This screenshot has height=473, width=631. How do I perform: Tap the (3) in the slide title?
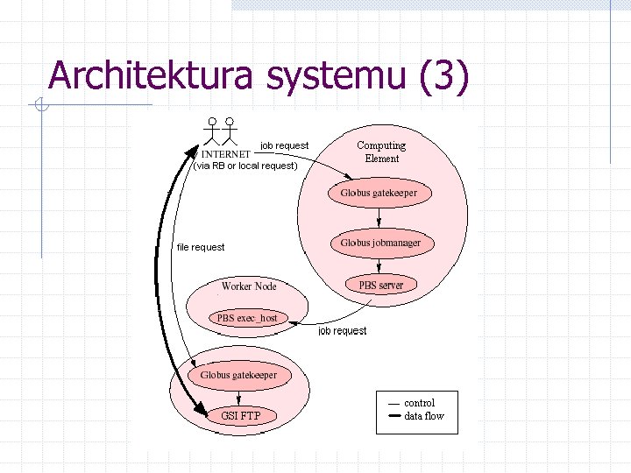(x=445, y=75)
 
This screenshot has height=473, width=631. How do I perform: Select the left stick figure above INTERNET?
(x=212, y=131)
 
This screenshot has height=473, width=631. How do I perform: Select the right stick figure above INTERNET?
(x=230, y=131)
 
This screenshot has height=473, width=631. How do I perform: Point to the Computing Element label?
(x=381, y=152)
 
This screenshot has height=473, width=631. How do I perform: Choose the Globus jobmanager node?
(x=380, y=243)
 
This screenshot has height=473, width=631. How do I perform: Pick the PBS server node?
(x=380, y=285)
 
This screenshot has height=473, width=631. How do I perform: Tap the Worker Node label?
(x=249, y=286)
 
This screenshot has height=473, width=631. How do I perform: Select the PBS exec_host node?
(x=247, y=318)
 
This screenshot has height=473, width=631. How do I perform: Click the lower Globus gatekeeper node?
(x=238, y=375)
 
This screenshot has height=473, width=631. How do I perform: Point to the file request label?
(x=201, y=247)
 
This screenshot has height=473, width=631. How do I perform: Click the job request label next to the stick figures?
(x=285, y=145)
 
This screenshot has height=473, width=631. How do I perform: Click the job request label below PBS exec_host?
(x=343, y=331)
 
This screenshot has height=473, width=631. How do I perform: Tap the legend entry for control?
(x=419, y=403)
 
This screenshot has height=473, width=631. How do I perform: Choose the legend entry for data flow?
(x=424, y=416)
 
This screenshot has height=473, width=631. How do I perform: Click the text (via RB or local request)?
(x=245, y=166)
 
